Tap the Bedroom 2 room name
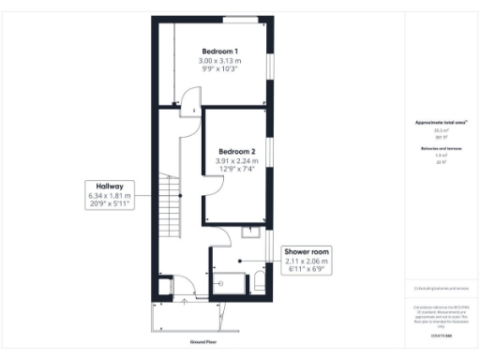(237, 151)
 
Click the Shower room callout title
(308, 251)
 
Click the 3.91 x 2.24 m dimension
(237, 161)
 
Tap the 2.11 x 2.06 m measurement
(308, 262)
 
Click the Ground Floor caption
(204, 343)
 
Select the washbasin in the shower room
(252, 231)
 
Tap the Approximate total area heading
(440, 123)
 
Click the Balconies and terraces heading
(440, 148)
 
